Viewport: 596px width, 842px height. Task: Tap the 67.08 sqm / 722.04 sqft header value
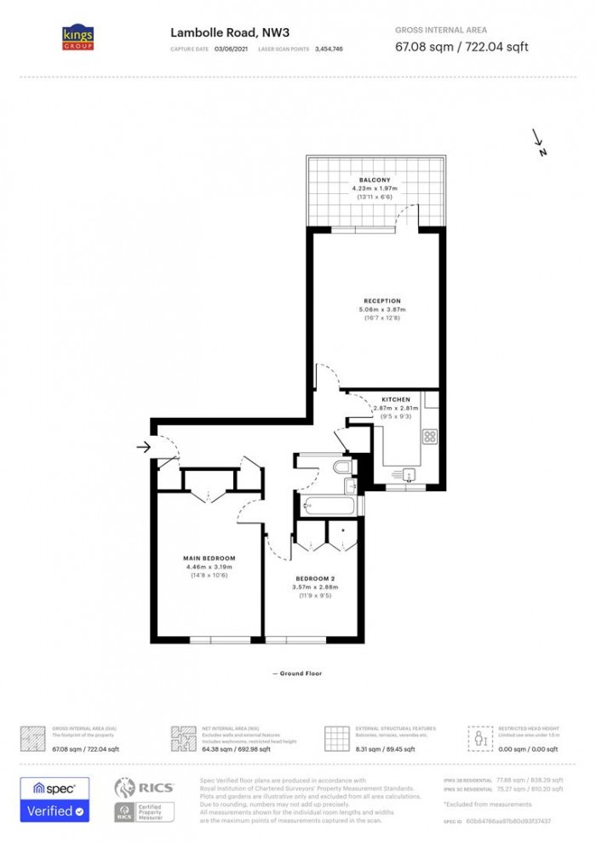[461, 47]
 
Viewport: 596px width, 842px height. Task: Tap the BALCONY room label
[375, 180]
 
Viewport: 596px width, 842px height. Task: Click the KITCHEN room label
[396, 399]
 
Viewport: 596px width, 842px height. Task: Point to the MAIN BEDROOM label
[209, 558]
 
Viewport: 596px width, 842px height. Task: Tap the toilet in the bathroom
[342, 468]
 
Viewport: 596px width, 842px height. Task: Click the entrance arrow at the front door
[143, 447]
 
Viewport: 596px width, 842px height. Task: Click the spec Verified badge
[55, 800]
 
